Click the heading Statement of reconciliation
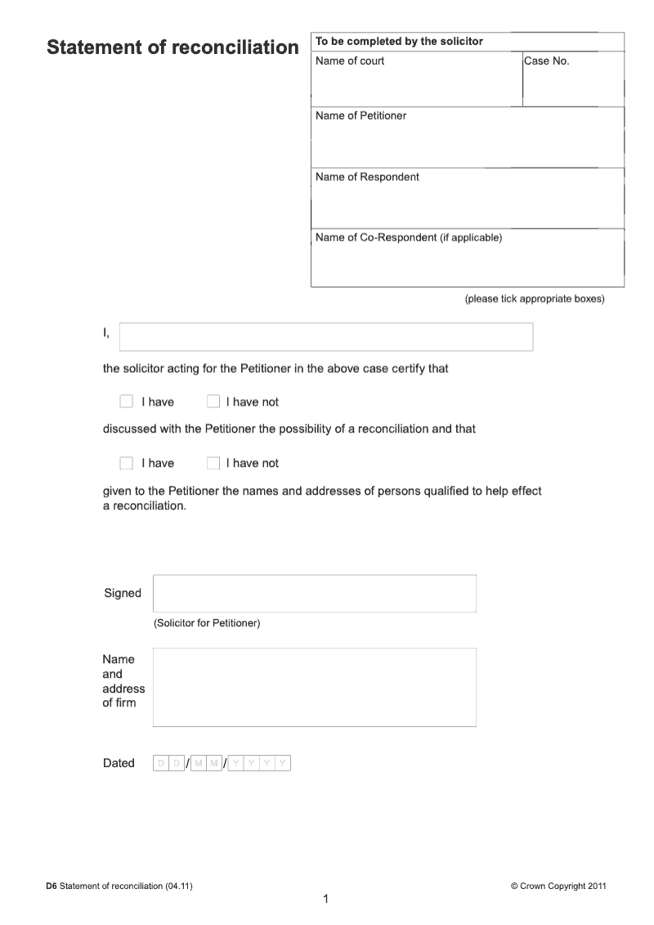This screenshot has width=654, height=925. (x=172, y=47)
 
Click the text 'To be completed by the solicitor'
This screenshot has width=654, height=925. (x=399, y=42)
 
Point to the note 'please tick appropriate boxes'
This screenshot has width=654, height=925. (x=535, y=299)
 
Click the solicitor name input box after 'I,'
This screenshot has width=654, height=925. (x=326, y=337)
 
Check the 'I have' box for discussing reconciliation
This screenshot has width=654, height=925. (x=126, y=402)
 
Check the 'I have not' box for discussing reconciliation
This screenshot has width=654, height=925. (x=213, y=402)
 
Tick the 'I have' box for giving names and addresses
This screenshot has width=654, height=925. (x=126, y=463)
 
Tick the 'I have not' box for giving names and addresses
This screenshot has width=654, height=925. (x=213, y=463)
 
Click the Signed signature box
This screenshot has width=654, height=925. (x=314, y=593)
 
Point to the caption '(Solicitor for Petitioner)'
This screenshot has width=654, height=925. (x=207, y=623)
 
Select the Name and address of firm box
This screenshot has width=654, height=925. (x=314, y=687)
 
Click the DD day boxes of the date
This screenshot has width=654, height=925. (x=169, y=763)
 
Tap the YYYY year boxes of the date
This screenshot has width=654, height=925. (x=260, y=763)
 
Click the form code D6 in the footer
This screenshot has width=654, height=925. (x=52, y=886)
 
